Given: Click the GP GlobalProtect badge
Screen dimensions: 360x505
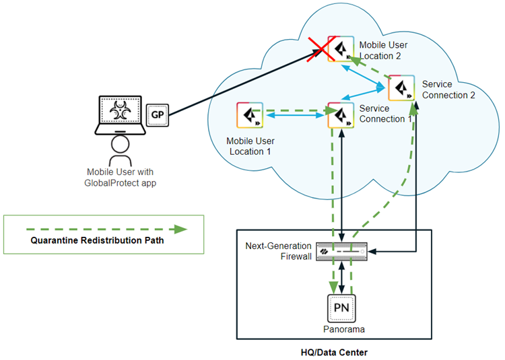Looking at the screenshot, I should click(x=158, y=115).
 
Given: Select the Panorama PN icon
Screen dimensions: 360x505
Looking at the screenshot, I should click(x=341, y=309).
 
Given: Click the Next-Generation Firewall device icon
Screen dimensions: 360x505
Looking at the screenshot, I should click(x=343, y=251).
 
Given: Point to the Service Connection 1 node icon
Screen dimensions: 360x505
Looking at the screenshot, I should click(x=341, y=116).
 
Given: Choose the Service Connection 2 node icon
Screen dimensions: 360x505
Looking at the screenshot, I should click(x=401, y=87).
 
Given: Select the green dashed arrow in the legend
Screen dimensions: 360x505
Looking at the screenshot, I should click(x=103, y=229).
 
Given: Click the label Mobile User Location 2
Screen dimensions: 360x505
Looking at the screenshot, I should click(x=383, y=50).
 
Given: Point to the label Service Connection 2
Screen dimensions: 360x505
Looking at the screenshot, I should click(x=448, y=89).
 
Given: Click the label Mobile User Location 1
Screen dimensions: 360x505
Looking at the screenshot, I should click(x=248, y=146).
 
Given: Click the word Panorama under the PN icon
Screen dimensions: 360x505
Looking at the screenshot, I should click(x=341, y=330).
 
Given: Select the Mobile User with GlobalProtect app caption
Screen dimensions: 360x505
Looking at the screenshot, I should click(x=119, y=177).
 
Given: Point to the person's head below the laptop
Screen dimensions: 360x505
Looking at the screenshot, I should click(x=120, y=143).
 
